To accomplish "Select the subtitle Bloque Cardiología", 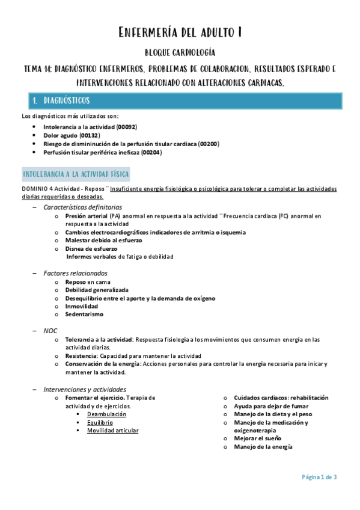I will coord(180,54).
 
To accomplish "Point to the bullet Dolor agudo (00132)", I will coord(72,136).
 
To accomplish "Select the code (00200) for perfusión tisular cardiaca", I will coord(208,144).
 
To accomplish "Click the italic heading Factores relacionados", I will coord(75,273).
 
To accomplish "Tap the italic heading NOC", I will coord(50,331).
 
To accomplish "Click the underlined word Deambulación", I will coord(106,414).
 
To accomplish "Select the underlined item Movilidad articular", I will coord(112,431).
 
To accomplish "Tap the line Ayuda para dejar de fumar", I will coord(269,406).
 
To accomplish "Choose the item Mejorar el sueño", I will coord(257,438).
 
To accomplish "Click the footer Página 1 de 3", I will coord(319,477).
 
